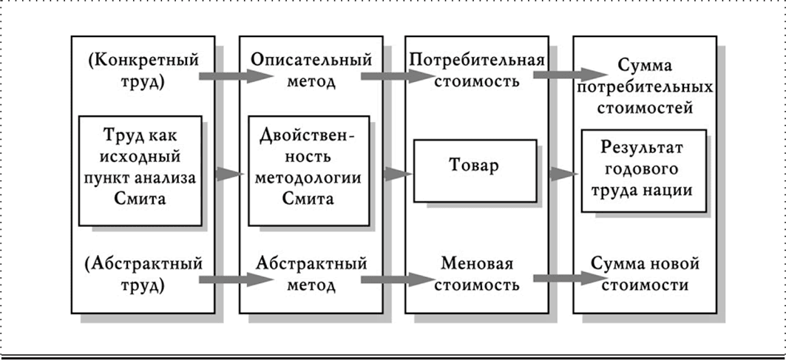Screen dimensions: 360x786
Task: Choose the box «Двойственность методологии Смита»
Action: pos(308,169)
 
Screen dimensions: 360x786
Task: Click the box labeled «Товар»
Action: pos(475,166)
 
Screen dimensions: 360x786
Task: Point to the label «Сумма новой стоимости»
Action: pos(645,273)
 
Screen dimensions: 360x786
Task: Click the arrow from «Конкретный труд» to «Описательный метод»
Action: pos(226,75)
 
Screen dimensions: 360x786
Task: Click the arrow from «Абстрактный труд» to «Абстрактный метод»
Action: pos(226,279)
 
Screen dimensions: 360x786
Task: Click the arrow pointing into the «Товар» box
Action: pos(397,174)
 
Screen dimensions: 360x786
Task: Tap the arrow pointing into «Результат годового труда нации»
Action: pos(563,174)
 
